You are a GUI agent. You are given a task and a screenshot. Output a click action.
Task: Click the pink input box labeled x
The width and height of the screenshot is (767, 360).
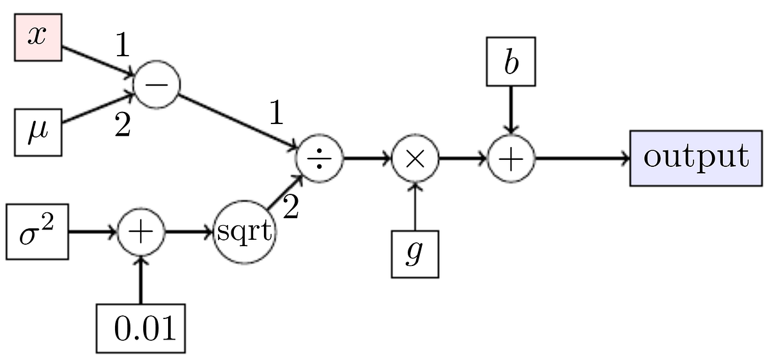point(38,38)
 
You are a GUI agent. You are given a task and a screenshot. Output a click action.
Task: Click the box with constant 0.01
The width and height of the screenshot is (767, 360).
point(144,328)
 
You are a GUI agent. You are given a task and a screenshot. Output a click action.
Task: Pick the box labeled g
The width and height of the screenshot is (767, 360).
point(415,254)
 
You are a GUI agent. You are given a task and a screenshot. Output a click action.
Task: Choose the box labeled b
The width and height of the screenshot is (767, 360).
point(511,62)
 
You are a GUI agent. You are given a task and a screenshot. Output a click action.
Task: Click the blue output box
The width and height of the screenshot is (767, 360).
point(695,158)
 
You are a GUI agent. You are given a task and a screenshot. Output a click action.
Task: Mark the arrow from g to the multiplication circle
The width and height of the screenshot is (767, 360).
point(415,206)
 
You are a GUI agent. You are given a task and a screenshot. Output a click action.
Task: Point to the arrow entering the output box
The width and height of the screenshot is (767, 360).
point(582,158)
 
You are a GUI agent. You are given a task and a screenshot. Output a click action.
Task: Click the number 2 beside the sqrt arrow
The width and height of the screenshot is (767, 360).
point(291,208)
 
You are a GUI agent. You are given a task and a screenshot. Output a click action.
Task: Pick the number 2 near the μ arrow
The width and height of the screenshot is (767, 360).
point(122,126)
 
